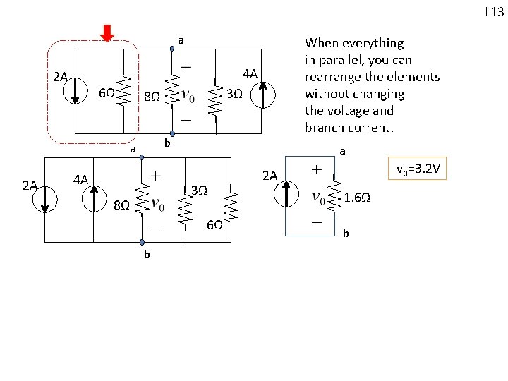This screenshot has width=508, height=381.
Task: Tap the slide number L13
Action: click(x=493, y=12)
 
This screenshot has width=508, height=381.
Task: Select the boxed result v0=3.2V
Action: click(x=420, y=169)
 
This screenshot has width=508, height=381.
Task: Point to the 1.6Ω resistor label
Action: click(x=358, y=199)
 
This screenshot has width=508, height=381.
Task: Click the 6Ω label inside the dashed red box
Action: click(x=106, y=95)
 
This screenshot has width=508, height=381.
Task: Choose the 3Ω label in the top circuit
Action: click(x=235, y=95)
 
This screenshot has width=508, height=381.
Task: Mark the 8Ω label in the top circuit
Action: click(x=151, y=96)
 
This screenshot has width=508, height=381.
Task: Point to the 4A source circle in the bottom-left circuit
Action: click(x=92, y=200)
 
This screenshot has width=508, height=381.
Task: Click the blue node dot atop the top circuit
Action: click(x=171, y=49)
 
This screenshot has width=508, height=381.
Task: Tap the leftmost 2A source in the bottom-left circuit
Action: click(x=46, y=200)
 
